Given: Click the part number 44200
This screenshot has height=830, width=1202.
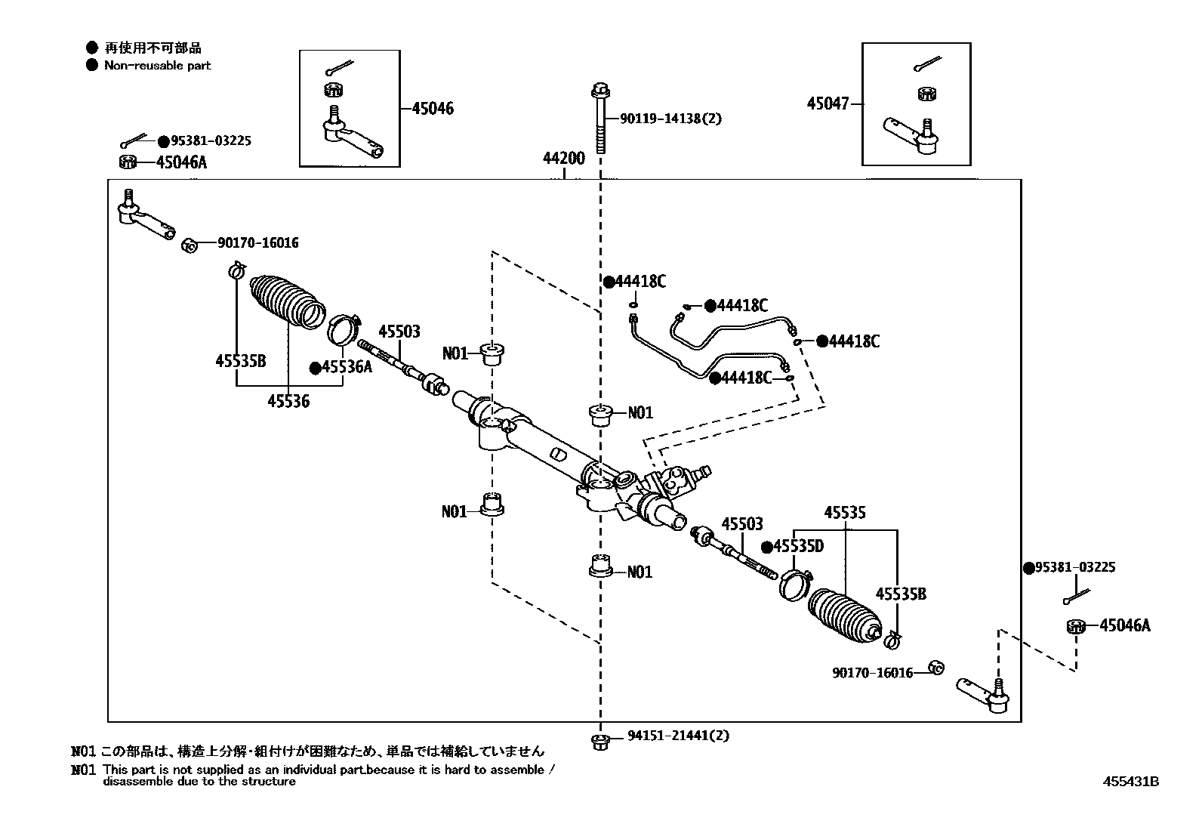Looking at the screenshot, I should (x=563, y=159).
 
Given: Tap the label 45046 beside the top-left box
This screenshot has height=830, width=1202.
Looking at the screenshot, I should (x=433, y=109).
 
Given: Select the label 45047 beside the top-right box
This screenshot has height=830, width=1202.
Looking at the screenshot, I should (x=828, y=104).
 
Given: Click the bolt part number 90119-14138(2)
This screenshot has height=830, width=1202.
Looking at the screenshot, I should (x=670, y=119).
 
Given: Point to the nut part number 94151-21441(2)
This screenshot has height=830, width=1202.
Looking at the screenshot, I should (x=678, y=736).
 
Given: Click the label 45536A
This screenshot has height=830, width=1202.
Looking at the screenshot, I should (x=347, y=367).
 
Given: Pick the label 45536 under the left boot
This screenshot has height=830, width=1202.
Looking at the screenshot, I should (x=288, y=401).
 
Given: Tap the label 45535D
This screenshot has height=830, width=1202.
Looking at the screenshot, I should (x=797, y=547).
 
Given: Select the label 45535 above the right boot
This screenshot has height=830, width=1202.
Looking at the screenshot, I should (x=845, y=513).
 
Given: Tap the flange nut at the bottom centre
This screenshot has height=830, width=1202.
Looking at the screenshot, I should (x=599, y=741).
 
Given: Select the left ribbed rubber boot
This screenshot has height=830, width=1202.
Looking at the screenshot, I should (x=288, y=301).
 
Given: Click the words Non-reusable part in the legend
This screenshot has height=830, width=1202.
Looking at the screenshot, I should (x=157, y=66).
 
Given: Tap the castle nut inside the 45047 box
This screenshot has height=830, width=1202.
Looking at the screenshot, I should (x=928, y=94).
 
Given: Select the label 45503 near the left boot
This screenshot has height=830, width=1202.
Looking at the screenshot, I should (x=399, y=332).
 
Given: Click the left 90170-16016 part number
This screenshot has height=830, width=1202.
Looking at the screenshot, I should (x=257, y=243).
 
